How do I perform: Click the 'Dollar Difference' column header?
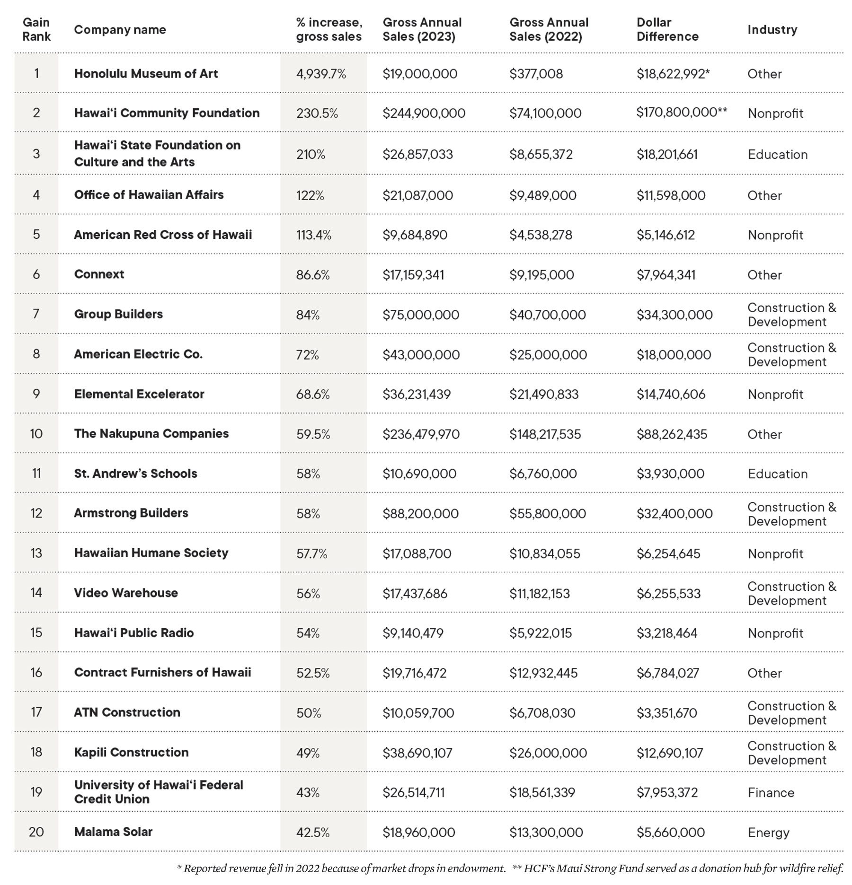click(x=667, y=29)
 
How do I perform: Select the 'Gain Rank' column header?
click(x=36, y=29)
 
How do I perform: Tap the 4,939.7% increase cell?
click(x=321, y=74)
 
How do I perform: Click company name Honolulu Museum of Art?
click(x=146, y=74)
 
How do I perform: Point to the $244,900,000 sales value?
click(x=424, y=113)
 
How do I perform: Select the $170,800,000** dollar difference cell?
click(x=681, y=112)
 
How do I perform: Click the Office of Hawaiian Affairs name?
click(x=149, y=195)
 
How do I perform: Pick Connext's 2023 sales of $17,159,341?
click(x=413, y=275)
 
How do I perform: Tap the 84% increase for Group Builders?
click(x=308, y=315)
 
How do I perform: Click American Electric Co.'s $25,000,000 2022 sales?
click(x=548, y=355)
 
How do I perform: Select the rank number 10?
click(x=36, y=434)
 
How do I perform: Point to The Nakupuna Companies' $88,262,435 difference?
click(x=671, y=434)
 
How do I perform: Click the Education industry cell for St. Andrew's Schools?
click(x=777, y=474)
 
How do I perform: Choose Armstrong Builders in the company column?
click(x=131, y=513)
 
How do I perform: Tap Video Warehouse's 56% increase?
click(x=308, y=593)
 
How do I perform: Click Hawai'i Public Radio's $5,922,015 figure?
click(x=541, y=633)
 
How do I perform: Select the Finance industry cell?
click(x=771, y=792)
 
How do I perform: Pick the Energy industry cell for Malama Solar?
click(x=768, y=832)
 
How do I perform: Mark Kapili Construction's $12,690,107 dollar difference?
click(x=669, y=753)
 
